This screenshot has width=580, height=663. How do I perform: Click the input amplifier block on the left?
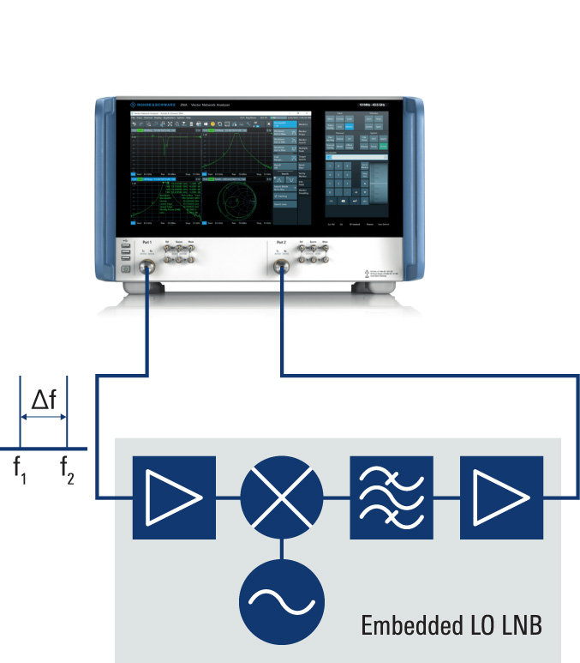(x=174, y=497)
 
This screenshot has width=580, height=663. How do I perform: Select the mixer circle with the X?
(x=282, y=497)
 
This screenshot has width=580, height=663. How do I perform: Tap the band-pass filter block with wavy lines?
(x=392, y=497)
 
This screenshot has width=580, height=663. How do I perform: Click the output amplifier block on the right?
(x=501, y=497)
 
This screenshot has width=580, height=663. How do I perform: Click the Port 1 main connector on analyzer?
(x=148, y=268)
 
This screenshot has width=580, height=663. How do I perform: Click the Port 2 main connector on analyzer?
(x=280, y=268)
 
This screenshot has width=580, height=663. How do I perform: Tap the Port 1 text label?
(x=147, y=243)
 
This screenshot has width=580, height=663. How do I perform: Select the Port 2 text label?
(x=280, y=243)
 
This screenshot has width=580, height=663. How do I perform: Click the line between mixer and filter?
(x=337, y=497)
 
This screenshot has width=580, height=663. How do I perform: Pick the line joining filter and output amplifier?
(x=446, y=497)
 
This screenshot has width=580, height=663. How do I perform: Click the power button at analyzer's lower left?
(x=126, y=269)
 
